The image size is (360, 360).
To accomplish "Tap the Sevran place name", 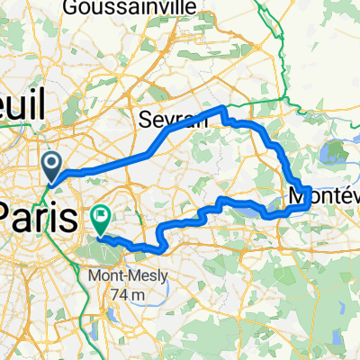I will (x=163, y=120).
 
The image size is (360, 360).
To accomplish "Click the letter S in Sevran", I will (x=143, y=120).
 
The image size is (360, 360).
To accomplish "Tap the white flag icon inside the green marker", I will (x=101, y=215).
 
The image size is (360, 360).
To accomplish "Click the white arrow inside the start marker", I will (x=51, y=163).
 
